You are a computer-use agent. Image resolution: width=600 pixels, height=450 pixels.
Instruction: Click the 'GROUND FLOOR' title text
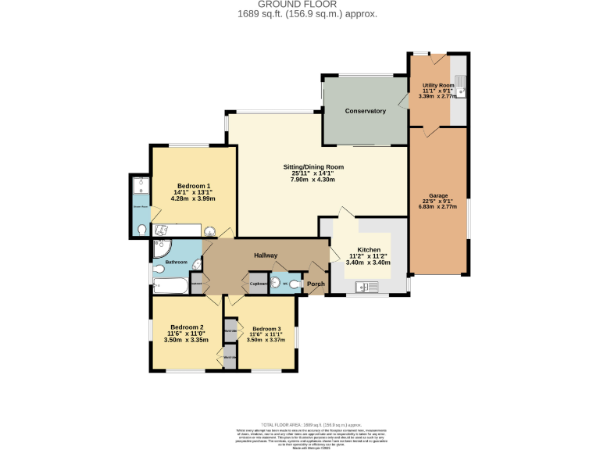[300, 5]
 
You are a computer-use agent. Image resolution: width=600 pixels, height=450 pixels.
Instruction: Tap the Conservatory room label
[366, 111]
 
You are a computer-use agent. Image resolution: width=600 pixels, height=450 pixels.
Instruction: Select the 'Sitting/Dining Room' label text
[313, 167]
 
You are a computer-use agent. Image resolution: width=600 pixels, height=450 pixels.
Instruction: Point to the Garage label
[438, 195]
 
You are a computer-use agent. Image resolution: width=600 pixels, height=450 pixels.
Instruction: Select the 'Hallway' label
[266, 255]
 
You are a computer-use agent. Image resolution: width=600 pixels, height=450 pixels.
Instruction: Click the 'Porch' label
[316, 284]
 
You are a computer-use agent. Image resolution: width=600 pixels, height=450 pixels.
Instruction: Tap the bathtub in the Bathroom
[170, 286]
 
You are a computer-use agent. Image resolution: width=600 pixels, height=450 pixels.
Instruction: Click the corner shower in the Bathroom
[160, 248]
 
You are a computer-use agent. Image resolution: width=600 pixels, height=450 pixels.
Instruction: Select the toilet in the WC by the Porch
[294, 285]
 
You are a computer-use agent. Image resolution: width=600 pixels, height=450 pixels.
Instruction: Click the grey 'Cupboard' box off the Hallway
[259, 283]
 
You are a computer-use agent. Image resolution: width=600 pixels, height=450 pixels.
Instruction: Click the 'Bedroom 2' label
[187, 327]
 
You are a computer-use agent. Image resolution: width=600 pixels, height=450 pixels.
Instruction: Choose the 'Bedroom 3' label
[266, 329]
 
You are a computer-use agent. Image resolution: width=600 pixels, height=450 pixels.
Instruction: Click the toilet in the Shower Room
[141, 230]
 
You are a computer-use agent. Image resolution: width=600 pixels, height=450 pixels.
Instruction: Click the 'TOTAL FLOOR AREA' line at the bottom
[300, 423]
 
